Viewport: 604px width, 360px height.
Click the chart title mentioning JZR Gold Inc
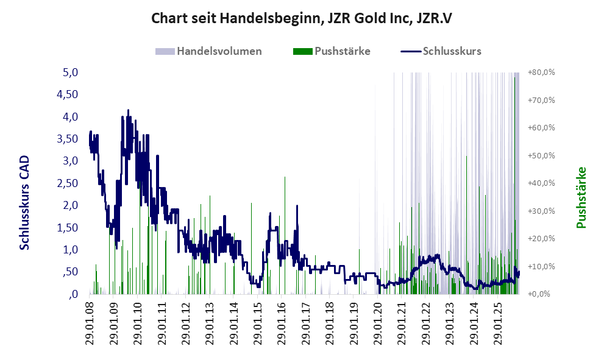tap(302, 19)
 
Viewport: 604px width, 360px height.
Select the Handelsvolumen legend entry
tap(219, 51)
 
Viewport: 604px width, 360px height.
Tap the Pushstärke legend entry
tap(342, 51)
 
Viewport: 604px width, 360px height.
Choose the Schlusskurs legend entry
tap(452, 51)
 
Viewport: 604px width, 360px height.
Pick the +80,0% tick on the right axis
tap(542, 72)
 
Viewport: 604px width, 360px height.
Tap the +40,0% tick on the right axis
tap(542, 183)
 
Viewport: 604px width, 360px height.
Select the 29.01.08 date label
tap(90, 323)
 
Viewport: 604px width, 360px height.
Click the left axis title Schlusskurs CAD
tap(25, 202)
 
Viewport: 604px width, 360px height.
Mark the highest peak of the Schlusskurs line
tap(128, 110)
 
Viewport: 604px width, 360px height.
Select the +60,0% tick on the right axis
tap(542, 128)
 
